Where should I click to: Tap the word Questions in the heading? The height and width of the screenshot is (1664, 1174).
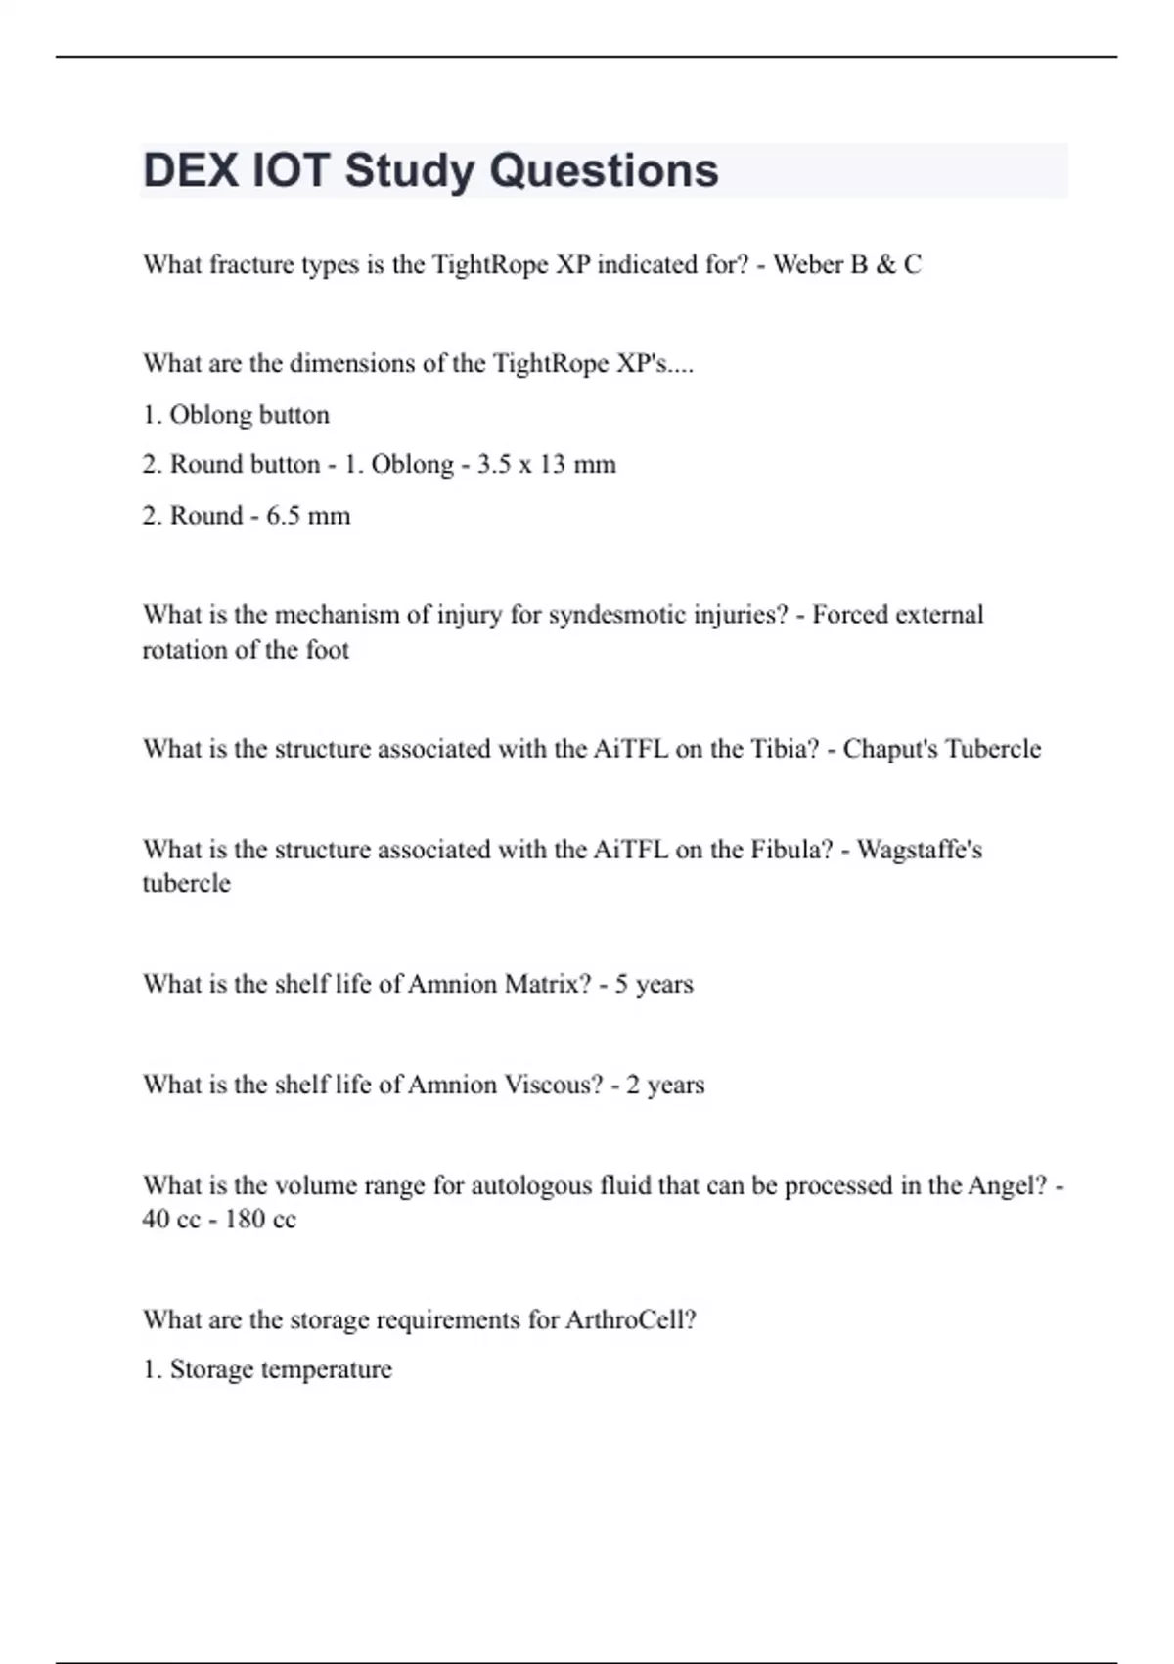click(x=604, y=170)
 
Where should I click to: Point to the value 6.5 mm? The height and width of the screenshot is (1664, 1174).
click(x=308, y=515)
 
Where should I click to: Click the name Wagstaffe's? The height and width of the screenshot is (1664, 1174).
click(x=920, y=849)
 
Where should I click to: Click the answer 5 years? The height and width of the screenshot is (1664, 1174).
click(x=654, y=984)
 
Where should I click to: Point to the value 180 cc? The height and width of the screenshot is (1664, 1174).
click(x=260, y=1220)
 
